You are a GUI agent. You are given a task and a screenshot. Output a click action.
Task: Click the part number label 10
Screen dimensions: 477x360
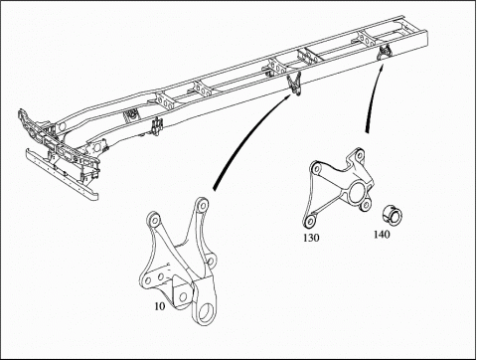[x=160, y=306]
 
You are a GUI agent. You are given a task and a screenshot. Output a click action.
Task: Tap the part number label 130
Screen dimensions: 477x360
[x=311, y=238]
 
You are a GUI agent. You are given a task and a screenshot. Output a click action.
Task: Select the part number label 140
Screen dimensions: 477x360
[x=382, y=235]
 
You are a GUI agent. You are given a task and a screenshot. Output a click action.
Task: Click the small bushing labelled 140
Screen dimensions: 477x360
[x=392, y=214]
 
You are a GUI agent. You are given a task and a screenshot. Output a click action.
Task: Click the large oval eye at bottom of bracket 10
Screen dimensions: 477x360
[x=206, y=311]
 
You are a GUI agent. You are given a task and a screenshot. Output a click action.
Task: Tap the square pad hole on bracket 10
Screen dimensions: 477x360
[x=183, y=296]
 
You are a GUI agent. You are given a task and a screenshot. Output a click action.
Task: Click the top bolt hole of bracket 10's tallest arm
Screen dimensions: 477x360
[x=202, y=204]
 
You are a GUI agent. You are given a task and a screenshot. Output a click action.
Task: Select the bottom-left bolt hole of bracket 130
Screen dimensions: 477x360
[x=310, y=220]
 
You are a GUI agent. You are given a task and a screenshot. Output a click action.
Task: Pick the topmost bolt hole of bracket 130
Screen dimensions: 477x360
[x=359, y=154]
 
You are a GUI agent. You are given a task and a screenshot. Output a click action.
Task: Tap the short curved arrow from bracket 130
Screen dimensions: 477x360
[x=373, y=97]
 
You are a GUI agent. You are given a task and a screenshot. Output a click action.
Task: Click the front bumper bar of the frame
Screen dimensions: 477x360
[x=62, y=174]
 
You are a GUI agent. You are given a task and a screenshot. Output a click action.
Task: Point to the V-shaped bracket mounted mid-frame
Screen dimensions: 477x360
[x=294, y=84]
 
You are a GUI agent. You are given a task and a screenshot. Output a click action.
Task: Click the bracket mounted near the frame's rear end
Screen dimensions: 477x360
[x=385, y=52]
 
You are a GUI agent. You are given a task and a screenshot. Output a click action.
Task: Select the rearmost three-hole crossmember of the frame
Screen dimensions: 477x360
[x=367, y=40]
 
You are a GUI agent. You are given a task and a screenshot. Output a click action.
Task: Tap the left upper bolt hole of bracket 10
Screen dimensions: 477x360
[x=154, y=220]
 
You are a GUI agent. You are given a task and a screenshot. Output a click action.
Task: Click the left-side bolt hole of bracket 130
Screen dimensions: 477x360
[x=316, y=169]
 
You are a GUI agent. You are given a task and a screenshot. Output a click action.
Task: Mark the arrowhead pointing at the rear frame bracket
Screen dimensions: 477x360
[x=383, y=68]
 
